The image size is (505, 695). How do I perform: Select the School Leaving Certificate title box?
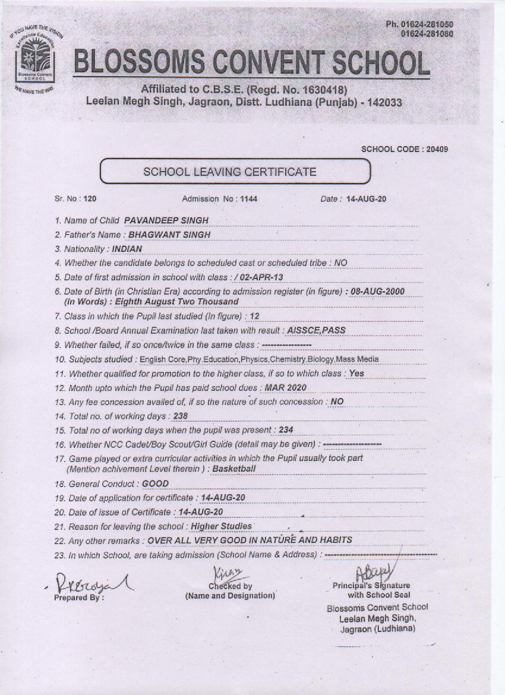235,172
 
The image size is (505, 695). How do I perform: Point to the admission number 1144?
249,199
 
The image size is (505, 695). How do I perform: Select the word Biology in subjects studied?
321,359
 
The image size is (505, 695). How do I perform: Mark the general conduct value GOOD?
155,484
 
